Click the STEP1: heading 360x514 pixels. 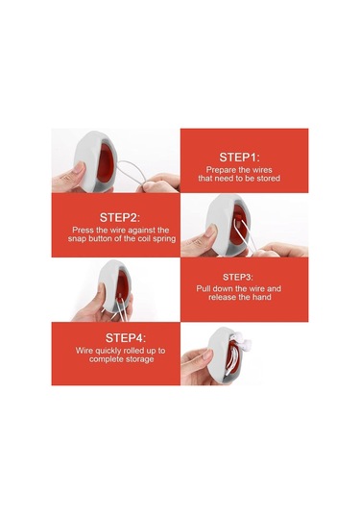tap(239, 158)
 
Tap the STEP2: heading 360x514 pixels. tap(120, 218)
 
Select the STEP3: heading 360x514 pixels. tap(238, 277)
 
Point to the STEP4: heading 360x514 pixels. tap(126, 338)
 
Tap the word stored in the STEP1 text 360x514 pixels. tap(268, 179)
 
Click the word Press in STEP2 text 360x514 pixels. tap(83, 231)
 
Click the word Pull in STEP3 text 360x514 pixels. tap(204, 289)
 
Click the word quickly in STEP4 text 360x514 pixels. tap(108, 351)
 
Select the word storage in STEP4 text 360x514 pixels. tap(139, 359)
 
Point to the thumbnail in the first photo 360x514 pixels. tap(79, 167)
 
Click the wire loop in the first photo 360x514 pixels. tap(131, 172)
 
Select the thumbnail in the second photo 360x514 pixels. tap(210, 231)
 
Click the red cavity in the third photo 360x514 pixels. tap(122, 285)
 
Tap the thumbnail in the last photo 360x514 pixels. tap(207, 355)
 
